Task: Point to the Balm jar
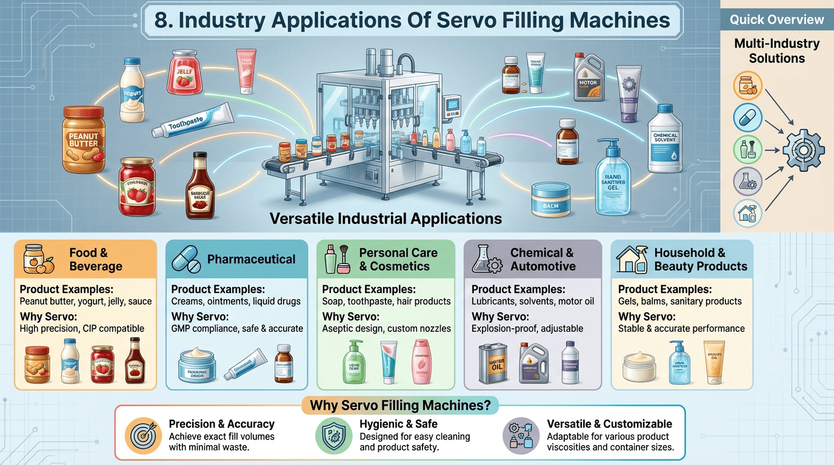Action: coord(551,200)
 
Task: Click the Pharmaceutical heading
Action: coord(251,260)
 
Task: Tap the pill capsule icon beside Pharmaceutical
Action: coord(187,260)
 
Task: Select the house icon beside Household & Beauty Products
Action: coord(632,259)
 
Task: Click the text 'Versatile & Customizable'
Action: coord(609,424)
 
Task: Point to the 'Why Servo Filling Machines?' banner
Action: coord(399,405)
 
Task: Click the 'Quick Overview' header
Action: coord(776,19)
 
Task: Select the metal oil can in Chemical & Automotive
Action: coord(492,363)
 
